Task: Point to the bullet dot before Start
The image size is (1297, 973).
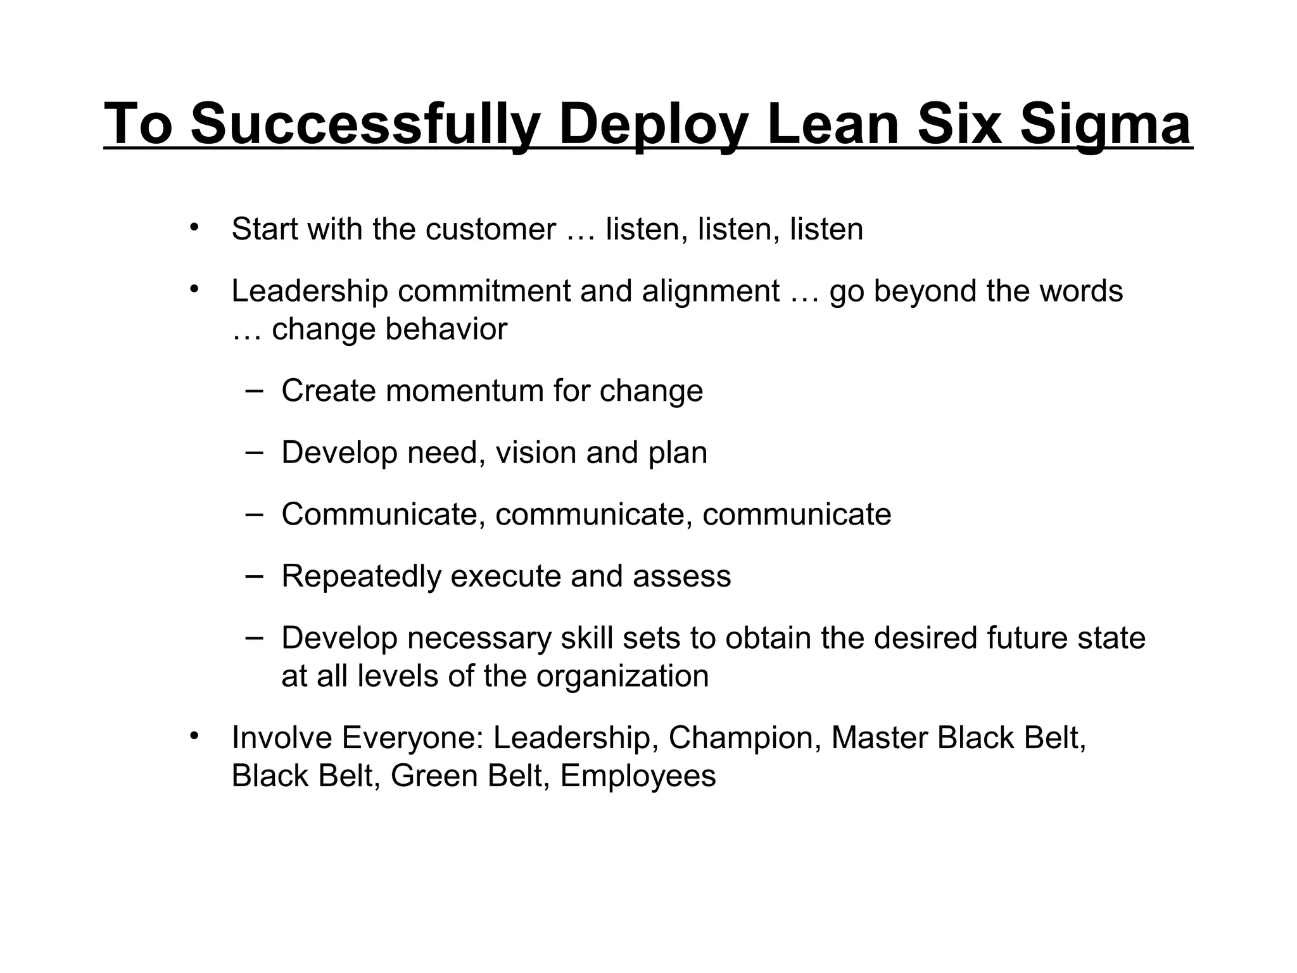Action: click(194, 227)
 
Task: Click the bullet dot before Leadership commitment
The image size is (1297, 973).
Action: click(194, 289)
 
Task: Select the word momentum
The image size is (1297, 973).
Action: click(464, 391)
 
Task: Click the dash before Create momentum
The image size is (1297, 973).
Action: click(255, 389)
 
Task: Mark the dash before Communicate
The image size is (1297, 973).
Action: click(255, 513)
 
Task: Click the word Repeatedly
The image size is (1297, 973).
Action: click(361, 576)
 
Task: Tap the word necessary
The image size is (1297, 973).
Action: click(479, 638)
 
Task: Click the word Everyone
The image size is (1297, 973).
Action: click(413, 738)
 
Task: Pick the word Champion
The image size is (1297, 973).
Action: click(744, 738)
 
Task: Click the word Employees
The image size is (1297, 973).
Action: click(638, 776)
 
